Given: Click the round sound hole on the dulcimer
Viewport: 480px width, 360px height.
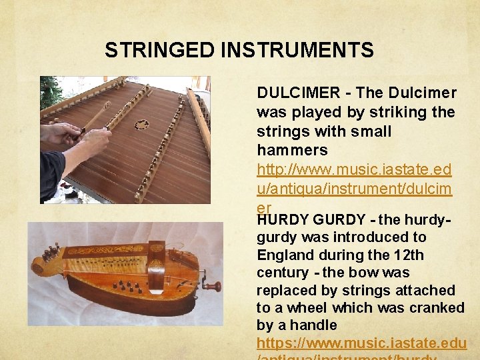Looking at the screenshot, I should click(x=142, y=125).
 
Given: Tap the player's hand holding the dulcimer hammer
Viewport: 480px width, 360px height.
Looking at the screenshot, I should click(x=89, y=141).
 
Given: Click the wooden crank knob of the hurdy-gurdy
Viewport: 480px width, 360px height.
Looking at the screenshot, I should click(x=215, y=287).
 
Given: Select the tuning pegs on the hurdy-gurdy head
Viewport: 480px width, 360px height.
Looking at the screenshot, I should click(x=50, y=255).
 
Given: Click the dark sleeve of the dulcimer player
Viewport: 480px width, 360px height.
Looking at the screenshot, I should click(x=52, y=175).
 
